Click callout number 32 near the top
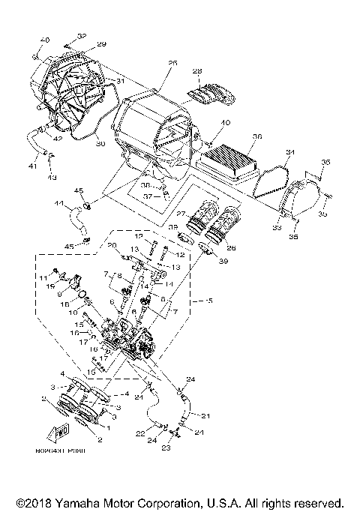click(81, 36)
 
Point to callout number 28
click(197, 72)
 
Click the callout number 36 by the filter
click(257, 137)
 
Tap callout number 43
click(52, 177)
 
